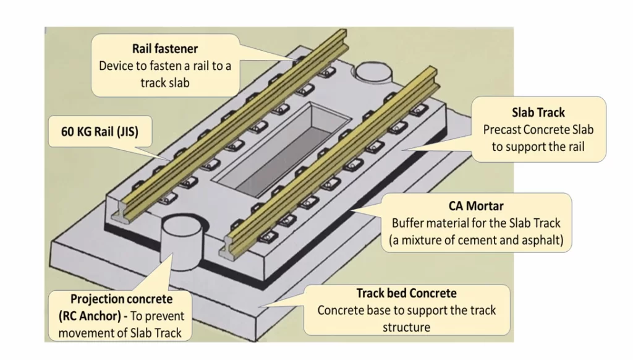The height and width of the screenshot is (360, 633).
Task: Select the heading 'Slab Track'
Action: pyautogui.click(x=538, y=113)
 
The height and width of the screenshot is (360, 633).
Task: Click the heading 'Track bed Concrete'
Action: pyautogui.click(x=406, y=293)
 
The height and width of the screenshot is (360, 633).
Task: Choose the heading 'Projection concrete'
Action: pyautogui.click(x=121, y=299)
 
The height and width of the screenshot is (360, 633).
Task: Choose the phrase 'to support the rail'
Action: pyautogui.click(x=538, y=147)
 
